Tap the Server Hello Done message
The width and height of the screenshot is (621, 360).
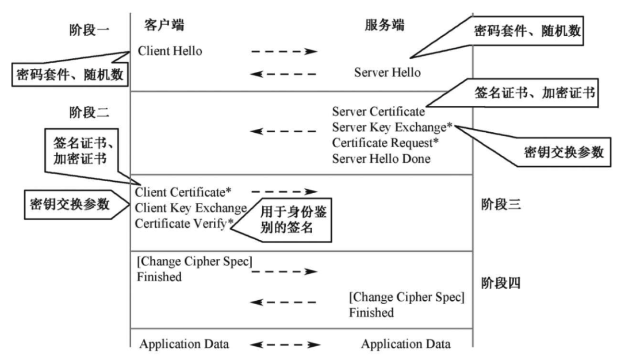[x=381, y=159]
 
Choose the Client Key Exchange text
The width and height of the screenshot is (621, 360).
[x=191, y=207]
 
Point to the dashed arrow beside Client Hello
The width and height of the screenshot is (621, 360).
[x=284, y=51]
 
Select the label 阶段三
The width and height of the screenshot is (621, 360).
[x=500, y=205]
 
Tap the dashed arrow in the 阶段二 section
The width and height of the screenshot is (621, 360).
[x=284, y=132]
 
